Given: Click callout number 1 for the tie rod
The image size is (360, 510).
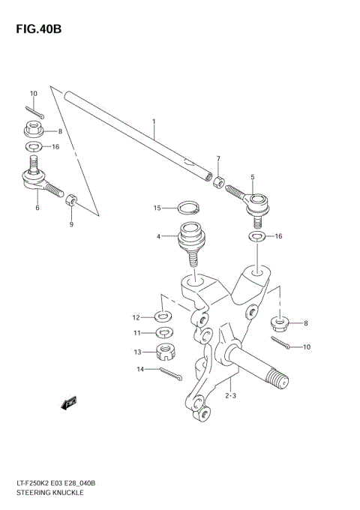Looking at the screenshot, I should [153, 121].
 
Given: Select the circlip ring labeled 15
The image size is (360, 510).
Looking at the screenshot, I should [187, 207].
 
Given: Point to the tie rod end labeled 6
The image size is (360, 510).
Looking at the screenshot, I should [37, 180].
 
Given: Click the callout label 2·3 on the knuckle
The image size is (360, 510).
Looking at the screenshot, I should [230, 395].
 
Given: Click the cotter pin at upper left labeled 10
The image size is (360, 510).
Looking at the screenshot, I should [38, 114].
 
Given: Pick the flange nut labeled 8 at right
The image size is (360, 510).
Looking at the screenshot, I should [279, 323].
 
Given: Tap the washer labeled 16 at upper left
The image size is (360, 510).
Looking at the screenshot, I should [34, 147].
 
